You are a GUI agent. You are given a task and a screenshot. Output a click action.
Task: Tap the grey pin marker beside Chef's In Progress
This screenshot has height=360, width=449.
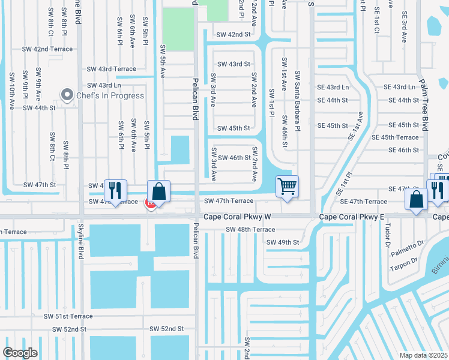click(x=67, y=95)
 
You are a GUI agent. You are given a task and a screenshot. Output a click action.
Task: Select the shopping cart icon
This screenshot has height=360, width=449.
click(x=288, y=187)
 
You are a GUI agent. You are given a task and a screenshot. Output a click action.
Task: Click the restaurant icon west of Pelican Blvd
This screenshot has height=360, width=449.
click(x=116, y=191)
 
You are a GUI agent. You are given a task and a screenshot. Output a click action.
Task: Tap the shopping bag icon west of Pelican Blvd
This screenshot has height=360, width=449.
click(x=159, y=192)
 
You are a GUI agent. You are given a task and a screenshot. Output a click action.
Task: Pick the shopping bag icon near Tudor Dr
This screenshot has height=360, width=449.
click(x=416, y=200)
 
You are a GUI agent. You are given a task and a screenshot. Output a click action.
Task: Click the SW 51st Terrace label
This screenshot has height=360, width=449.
click(x=68, y=316)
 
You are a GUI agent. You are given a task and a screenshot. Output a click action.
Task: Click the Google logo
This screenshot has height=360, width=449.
click(x=20, y=353)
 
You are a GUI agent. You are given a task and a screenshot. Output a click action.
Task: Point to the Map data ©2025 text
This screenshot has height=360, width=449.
click(x=423, y=355)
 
